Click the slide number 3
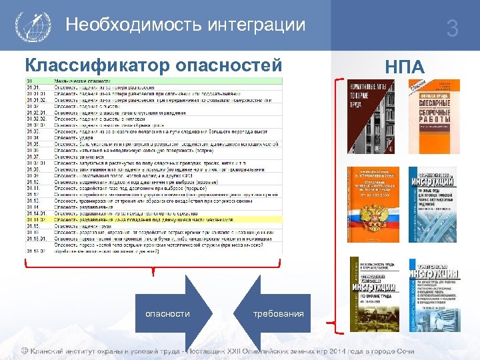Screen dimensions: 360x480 pyautogui.click(x=453, y=29)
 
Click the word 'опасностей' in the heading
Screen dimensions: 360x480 pyautogui.click(x=229, y=66)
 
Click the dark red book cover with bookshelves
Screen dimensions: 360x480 pyautogui.click(x=371, y=116)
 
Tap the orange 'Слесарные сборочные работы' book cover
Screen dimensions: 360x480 pyautogui.click(x=434, y=116)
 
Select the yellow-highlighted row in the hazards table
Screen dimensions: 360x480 pyautogui.click(x=153, y=219)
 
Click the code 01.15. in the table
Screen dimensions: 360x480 pyautogui.click(x=33, y=225)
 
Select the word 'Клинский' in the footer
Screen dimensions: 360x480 pyautogui.click(x=48, y=351)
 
